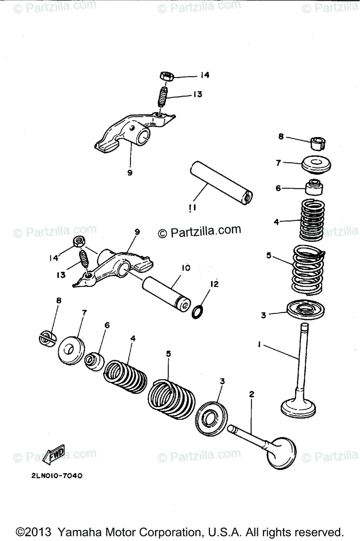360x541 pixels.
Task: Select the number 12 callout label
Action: tap(214, 284)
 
